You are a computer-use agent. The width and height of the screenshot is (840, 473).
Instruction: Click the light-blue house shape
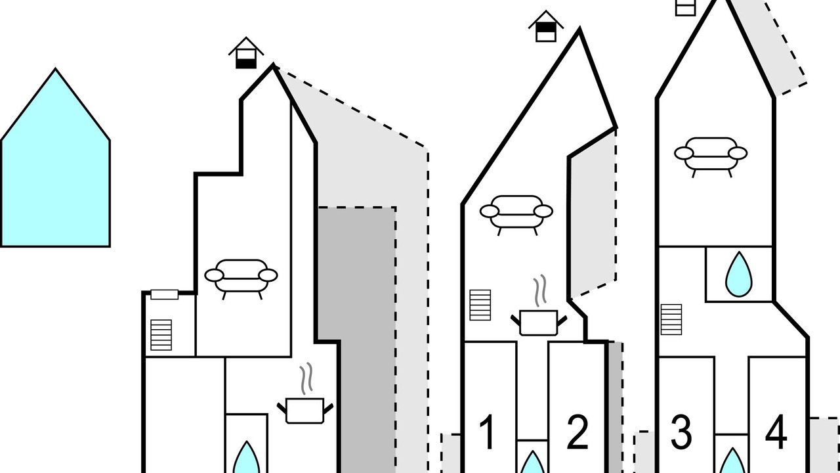(55, 165)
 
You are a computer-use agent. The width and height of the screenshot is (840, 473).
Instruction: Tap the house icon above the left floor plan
(246, 53)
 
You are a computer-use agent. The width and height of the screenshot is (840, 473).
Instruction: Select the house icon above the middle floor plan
(545, 26)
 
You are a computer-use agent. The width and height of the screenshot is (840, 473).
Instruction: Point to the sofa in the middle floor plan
(516, 215)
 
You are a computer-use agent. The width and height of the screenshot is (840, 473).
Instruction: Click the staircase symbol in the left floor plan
(161, 335)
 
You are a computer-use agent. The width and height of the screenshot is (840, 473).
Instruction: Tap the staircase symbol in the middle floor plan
(480, 305)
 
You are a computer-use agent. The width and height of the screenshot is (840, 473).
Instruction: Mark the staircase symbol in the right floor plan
(671, 319)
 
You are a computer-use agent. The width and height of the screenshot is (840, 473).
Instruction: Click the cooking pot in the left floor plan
(305, 411)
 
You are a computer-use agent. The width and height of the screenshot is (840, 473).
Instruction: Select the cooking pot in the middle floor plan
(539, 323)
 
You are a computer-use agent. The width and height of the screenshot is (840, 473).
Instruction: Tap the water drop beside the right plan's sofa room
(739, 274)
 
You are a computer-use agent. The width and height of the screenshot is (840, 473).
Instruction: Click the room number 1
(488, 432)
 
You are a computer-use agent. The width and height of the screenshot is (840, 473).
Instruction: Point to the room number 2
(577, 432)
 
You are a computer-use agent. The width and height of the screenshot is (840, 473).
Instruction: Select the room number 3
(681, 432)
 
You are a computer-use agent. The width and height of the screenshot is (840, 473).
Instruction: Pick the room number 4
(776, 432)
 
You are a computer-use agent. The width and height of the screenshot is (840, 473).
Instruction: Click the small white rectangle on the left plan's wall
(164, 294)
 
